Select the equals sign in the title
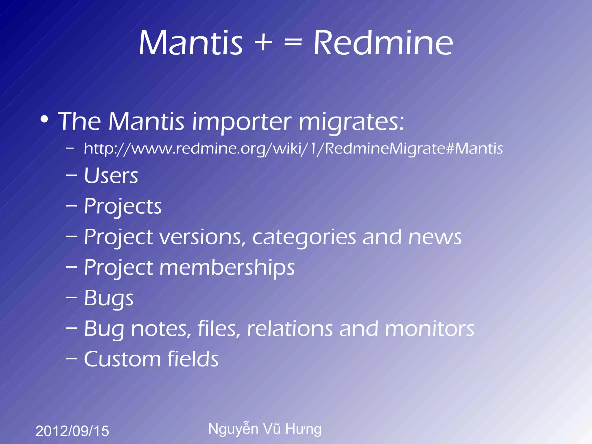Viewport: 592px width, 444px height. [293, 44]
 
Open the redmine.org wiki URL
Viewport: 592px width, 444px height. [293, 149]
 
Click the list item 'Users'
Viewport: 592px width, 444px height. [111, 176]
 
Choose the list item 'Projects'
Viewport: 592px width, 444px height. [123, 206]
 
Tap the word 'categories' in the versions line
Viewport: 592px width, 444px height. [304, 237]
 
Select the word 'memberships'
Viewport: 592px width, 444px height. [227, 268]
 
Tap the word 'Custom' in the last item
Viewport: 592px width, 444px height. [122, 359]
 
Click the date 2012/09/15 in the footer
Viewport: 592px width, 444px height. [72, 431]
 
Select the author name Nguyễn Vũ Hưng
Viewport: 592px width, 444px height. [265, 429]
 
